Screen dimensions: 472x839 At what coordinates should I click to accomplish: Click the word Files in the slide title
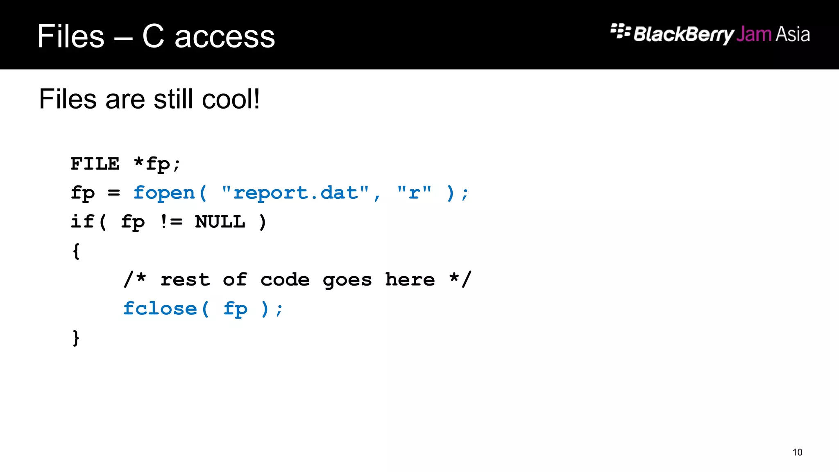(x=70, y=36)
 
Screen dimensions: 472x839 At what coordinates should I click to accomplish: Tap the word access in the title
(x=224, y=36)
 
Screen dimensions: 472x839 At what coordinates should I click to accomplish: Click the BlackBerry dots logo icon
(x=620, y=31)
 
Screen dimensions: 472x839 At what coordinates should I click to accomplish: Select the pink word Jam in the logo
(x=754, y=34)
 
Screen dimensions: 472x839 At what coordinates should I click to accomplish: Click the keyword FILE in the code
(x=95, y=164)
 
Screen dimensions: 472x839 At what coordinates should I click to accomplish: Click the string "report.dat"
(x=295, y=193)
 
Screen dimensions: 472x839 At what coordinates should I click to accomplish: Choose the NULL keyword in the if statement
(x=220, y=222)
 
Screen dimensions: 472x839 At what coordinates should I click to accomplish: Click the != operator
(x=171, y=222)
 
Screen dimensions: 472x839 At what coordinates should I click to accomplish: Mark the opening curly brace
(x=76, y=251)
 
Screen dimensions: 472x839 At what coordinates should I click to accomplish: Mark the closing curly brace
(x=76, y=338)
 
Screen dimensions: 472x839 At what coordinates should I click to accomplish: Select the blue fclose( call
(x=166, y=309)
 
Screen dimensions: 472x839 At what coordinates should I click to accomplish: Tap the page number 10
(x=797, y=452)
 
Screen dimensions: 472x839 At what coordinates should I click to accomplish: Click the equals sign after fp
(x=114, y=193)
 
